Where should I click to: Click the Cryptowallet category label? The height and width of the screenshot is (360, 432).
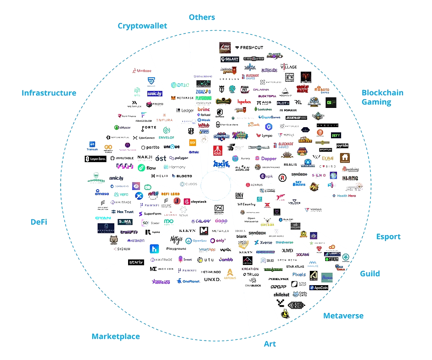click(x=142, y=26)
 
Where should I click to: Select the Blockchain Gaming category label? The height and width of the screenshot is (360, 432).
click(x=382, y=97)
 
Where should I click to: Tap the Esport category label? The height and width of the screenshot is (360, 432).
click(x=388, y=237)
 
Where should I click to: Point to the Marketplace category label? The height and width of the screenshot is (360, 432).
click(x=116, y=337)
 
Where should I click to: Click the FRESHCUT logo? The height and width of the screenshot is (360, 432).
click(x=250, y=47)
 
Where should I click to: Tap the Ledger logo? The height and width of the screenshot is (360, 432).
click(x=185, y=111)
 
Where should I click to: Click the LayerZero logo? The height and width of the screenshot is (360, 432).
click(x=95, y=159)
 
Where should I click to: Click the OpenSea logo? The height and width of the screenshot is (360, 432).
click(x=196, y=241)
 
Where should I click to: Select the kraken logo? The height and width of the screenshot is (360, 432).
click(x=136, y=241)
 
